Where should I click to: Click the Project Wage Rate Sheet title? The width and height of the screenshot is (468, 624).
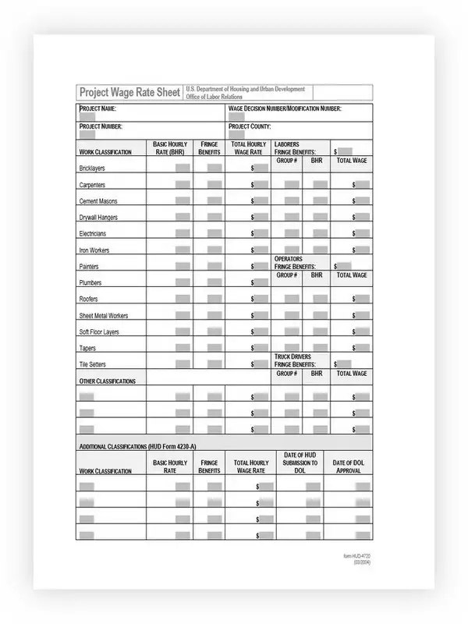129,93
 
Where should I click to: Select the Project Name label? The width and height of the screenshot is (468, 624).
97,108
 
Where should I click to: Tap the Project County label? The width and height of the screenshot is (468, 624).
249,126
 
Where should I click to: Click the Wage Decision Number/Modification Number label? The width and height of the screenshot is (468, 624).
285,108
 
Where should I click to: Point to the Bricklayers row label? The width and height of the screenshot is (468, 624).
93,168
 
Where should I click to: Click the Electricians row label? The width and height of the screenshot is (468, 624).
93,233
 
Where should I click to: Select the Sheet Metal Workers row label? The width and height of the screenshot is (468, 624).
104,316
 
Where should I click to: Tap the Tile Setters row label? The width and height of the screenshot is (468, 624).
93,364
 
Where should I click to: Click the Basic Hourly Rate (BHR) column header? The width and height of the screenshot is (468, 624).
170,148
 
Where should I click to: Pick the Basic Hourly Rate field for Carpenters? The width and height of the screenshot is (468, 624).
183,184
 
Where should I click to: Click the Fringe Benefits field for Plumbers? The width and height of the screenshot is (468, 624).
213,282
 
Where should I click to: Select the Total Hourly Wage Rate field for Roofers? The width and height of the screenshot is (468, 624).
261,299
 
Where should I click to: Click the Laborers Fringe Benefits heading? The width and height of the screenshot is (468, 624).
295,148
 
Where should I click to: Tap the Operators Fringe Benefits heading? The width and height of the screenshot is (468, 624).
295,263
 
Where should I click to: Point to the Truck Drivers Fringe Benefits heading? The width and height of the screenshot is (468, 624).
295,360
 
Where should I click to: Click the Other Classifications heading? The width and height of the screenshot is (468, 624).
108,381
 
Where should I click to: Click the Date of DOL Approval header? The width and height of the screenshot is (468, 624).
348,466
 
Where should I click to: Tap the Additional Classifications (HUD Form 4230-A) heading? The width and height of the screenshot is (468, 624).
148,446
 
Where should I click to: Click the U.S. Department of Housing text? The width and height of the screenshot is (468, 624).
245,90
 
